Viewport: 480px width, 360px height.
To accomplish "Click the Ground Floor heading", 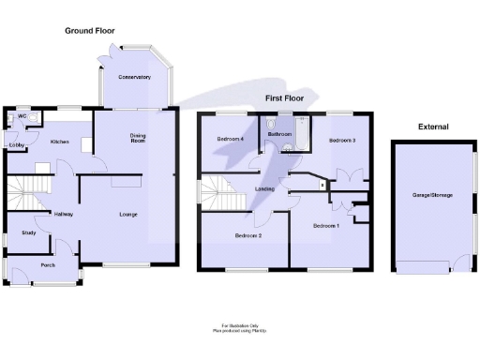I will tap(89, 31).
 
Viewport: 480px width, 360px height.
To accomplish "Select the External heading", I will tap(432, 127).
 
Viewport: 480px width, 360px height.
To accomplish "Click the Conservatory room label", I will tap(134, 77).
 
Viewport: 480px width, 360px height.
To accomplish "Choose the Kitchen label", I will tap(60, 142).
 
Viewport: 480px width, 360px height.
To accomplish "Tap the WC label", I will tap(23, 118).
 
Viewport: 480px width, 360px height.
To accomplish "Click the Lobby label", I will tap(17, 145).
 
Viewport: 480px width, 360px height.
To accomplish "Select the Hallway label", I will tap(64, 214).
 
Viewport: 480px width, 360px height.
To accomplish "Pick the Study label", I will tap(28, 232).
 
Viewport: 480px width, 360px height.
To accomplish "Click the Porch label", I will tap(48, 265).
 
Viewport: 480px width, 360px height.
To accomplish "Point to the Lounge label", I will tap(128, 215).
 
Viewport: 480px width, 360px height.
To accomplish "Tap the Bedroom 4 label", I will tap(230, 140).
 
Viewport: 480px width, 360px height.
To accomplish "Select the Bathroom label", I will tap(280, 135).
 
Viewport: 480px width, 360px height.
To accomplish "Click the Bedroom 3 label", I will tap(341, 140).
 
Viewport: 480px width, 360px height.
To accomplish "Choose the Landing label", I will tap(264, 190).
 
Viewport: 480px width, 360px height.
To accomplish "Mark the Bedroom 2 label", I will tap(247, 235).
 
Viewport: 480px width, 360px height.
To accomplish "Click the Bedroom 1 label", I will tap(326, 226).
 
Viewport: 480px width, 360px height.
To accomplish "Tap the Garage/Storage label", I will tap(432, 194).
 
